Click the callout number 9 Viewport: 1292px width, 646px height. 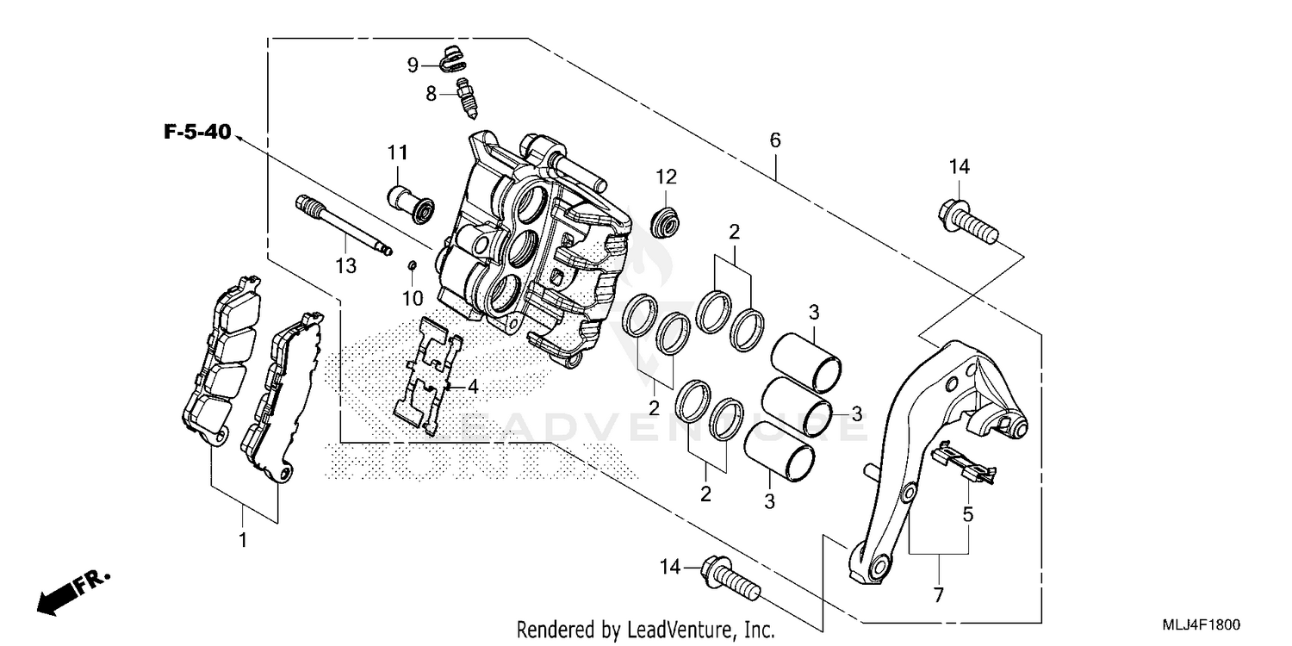(x=413, y=65)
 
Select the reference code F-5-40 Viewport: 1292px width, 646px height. (x=197, y=132)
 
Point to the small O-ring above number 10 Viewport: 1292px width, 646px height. (x=412, y=264)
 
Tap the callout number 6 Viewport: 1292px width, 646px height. (x=774, y=140)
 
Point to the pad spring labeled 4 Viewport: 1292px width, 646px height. (x=428, y=376)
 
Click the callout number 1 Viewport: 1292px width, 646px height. (x=243, y=541)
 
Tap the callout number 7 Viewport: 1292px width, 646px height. (x=938, y=595)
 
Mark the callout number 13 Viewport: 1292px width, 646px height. (x=345, y=267)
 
